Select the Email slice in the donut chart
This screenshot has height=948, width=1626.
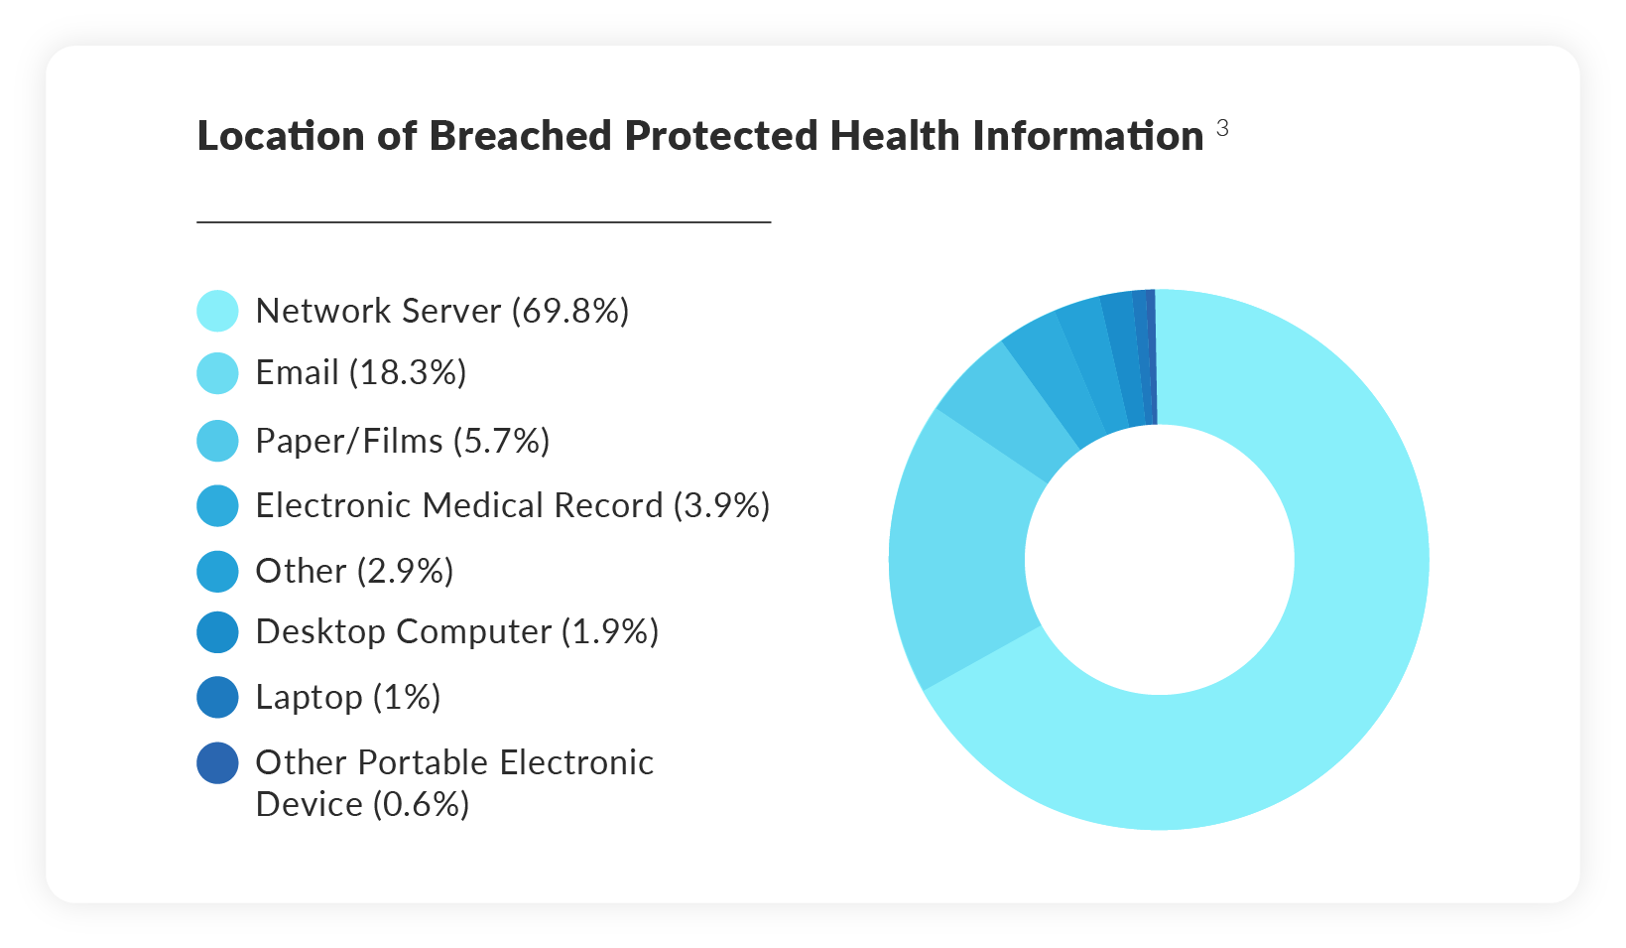[957, 556]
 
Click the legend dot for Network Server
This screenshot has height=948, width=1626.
[217, 311]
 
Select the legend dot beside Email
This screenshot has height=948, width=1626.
[217, 373]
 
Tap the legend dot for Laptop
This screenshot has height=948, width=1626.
[217, 697]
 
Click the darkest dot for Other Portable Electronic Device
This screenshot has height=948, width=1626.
[217, 763]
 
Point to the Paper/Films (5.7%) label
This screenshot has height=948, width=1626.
[402, 441]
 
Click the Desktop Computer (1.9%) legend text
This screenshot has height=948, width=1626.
[456, 631]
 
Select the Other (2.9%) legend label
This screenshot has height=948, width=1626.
[354, 571]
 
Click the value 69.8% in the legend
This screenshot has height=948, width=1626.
[570, 311]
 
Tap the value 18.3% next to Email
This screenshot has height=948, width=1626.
[408, 373]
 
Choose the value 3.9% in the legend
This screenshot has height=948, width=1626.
[721, 505]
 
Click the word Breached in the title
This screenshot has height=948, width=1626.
[521, 136]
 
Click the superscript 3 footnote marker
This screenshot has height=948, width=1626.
[1222, 128]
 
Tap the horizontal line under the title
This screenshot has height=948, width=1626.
[483, 222]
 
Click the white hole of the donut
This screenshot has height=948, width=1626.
[1159, 560]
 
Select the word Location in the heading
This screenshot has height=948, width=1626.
[281, 136]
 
